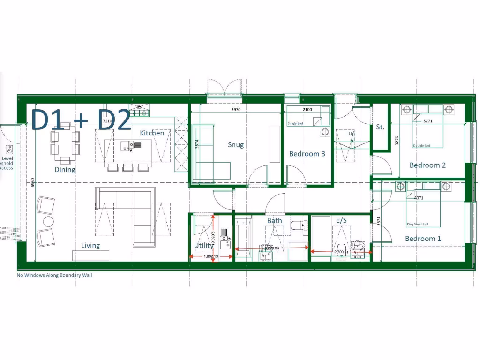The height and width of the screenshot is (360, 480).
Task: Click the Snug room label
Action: (236, 145)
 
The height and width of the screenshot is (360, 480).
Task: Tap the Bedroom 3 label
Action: (307, 154)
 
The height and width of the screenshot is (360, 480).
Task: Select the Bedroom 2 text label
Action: (427, 165)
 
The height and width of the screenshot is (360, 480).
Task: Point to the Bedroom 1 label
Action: (423, 239)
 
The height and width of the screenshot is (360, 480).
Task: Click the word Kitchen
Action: (152, 133)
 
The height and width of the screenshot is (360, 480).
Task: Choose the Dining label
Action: (65, 170)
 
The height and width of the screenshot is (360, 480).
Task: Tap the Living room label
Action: (90, 246)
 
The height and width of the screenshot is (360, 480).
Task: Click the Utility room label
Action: (203, 246)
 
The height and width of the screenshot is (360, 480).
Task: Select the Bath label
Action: (275, 220)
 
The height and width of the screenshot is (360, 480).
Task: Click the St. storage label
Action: (380, 127)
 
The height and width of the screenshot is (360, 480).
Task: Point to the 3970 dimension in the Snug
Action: (240, 110)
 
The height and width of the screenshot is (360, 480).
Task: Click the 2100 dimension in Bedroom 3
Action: (307, 110)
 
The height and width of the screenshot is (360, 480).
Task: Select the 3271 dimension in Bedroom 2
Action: (427, 121)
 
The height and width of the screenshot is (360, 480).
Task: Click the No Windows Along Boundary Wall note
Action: (54, 275)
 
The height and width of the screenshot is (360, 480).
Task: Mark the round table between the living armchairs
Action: (48, 221)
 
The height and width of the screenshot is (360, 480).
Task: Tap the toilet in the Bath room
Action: (297, 226)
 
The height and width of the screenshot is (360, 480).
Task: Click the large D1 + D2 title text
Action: (81, 120)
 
